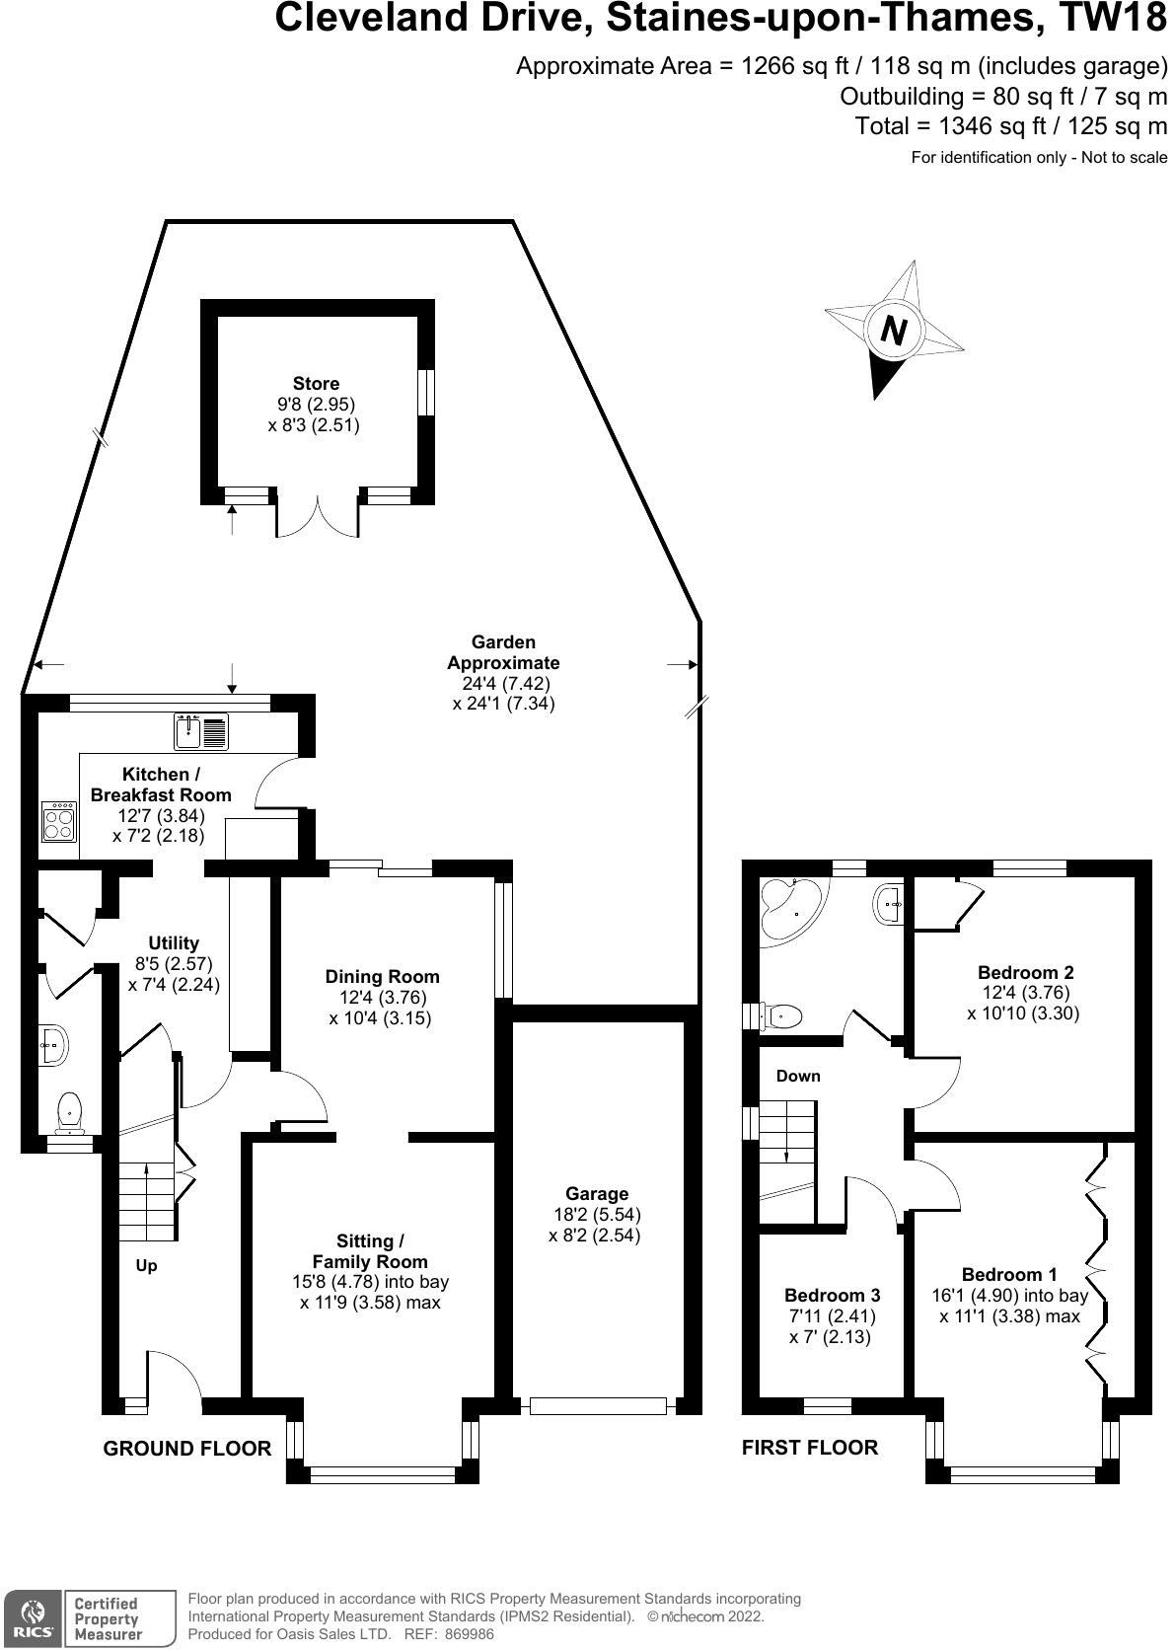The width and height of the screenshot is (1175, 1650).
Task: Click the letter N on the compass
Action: [x=893, y=330]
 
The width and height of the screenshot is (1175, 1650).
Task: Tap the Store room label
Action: [x=316, y=384]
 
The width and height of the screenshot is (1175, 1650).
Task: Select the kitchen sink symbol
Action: [x=201, y=731]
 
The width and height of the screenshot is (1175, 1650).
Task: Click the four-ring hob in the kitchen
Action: [x=59, y=821]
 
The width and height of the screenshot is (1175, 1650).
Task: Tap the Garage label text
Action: [x=597, y=1194]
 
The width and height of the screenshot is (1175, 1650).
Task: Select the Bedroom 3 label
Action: [x=832, y=1295]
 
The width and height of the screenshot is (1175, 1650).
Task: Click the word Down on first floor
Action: [x=798, y=1076]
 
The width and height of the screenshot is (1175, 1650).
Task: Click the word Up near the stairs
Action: [x=146, y=1265]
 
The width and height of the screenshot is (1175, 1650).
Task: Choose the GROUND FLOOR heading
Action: [x=187, y=1448]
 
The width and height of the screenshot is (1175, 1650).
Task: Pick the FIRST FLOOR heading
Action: [x=810, y=1447]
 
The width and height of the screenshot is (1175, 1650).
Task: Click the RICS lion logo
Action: [x=31, y=1616]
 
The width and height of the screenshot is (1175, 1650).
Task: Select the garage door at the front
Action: [x=598, y=1405]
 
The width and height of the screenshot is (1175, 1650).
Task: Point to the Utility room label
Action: [x=174, y=942]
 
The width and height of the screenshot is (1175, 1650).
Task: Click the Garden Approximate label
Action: [x=503, y=652]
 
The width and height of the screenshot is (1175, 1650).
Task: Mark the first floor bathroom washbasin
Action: [x=889, y=904]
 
